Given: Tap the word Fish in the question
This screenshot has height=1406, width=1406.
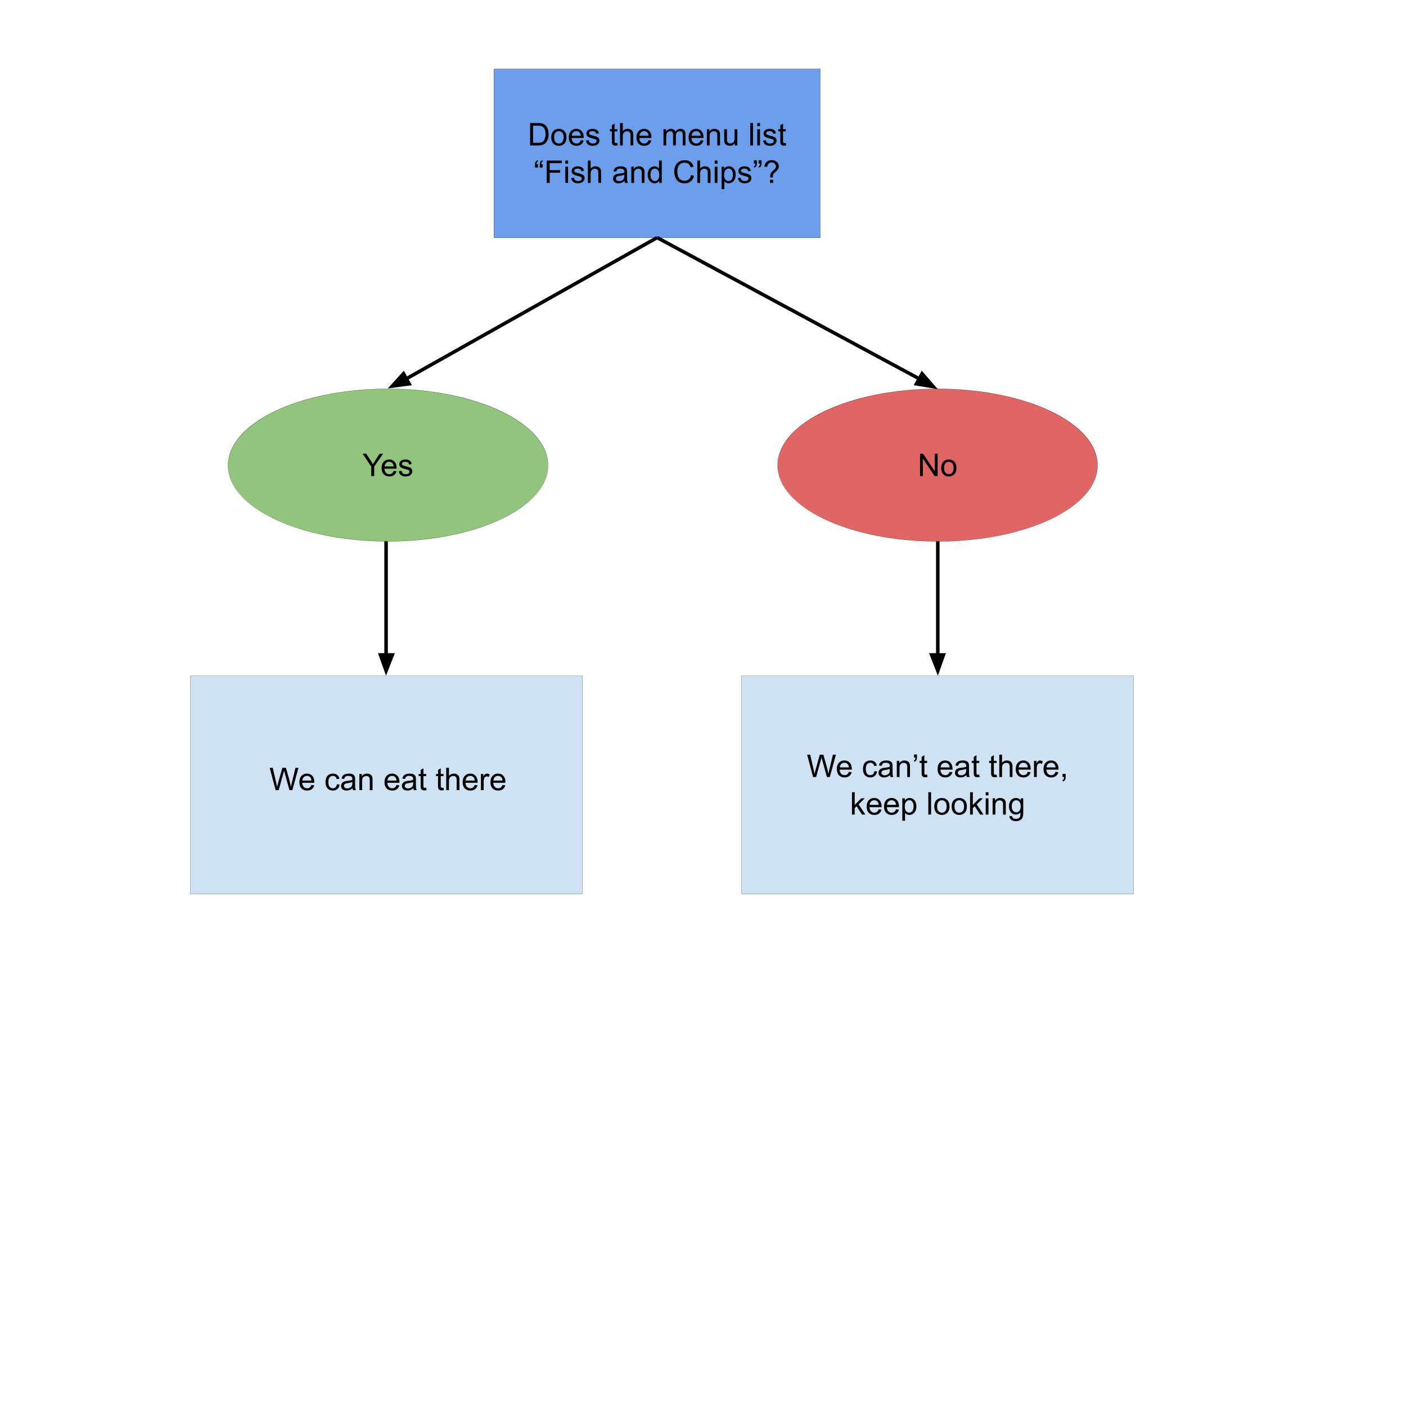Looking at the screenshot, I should (x=574, y=173).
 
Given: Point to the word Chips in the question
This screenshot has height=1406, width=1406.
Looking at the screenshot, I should (x=712, y=173).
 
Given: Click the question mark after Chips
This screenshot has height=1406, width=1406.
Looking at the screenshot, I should (x=772, y=173).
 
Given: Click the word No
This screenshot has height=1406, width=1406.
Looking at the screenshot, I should (x=938, y=466).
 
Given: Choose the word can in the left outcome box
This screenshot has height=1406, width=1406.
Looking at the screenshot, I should (x=349, y=781).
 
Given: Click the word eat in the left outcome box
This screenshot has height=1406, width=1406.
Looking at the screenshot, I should (x=404, y=781).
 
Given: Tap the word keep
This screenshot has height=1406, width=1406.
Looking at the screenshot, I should (x=884, y=805).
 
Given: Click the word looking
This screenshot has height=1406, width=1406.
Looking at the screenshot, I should (x=975, y=805).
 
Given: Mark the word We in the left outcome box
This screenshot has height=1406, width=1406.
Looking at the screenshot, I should (x=292, y=780).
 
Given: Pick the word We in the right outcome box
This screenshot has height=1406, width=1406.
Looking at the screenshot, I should (x=830, y=767).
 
